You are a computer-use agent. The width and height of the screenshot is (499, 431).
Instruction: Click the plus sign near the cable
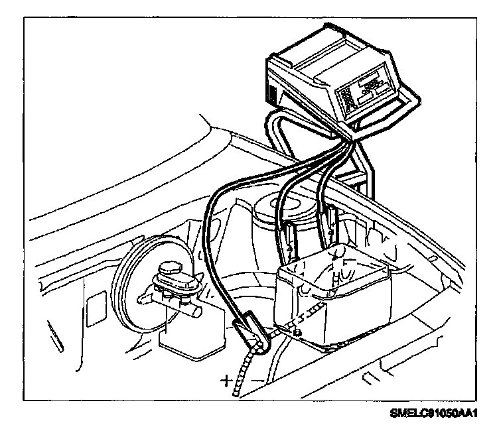coord(228,380)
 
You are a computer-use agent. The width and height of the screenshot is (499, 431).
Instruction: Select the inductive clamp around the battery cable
coord(251,334)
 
